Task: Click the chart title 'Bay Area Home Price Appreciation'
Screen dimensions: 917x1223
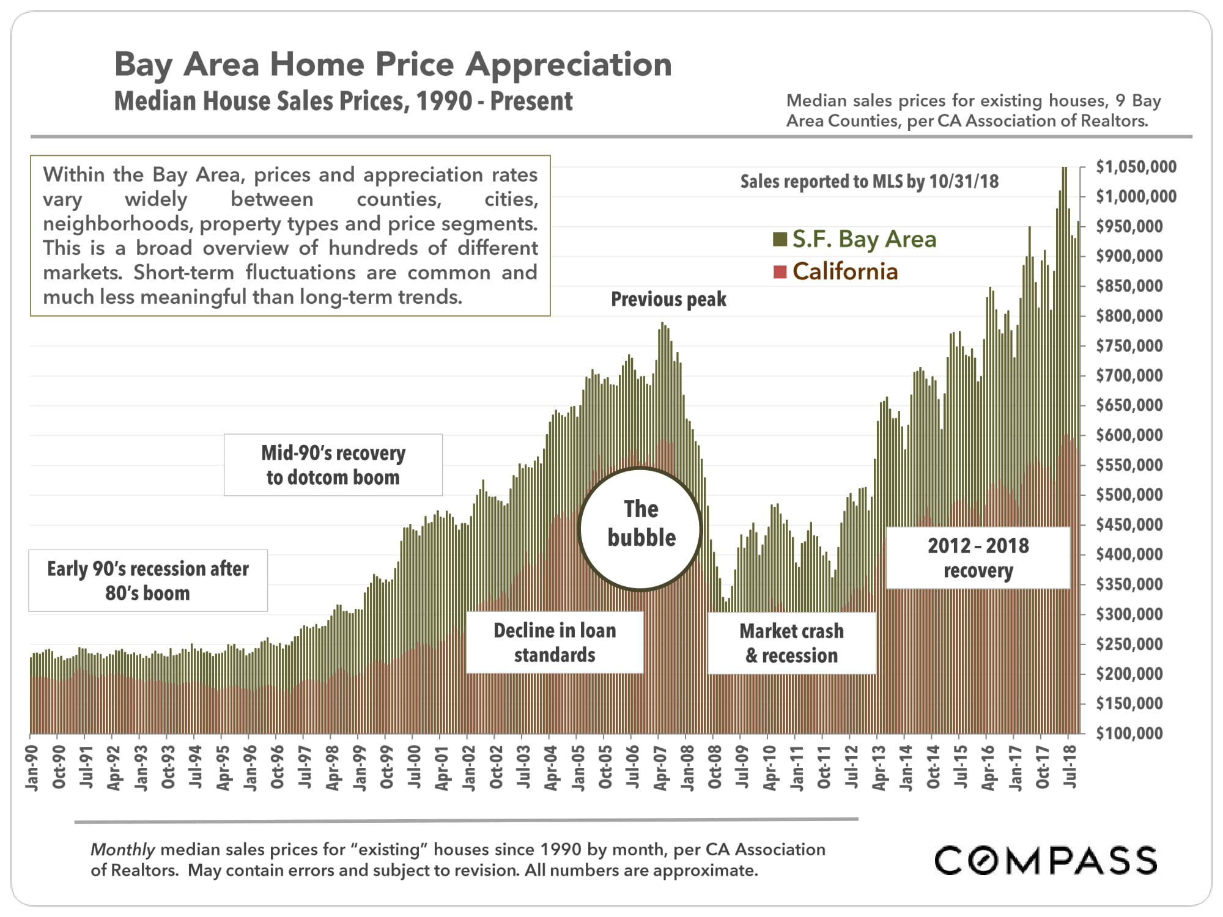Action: pos(393,64)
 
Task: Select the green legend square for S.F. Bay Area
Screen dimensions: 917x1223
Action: pos(780,239)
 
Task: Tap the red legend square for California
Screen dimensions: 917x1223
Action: pos(780,271)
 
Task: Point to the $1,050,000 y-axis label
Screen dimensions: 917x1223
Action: pos(1136,167)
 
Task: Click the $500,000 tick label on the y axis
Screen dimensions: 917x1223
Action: pos(1129,495)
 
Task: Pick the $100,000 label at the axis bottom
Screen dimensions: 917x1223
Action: pos(1129,733)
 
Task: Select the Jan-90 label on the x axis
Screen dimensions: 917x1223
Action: pos(32,768)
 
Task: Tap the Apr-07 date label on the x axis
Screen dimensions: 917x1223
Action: pos(660,768)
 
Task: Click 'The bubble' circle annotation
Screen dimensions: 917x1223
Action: pos(640,529)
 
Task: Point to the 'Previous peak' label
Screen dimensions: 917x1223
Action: pos(668,300)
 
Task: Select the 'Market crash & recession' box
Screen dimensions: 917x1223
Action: pos(791,643)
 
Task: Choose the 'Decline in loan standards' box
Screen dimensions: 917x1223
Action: pos(555,643)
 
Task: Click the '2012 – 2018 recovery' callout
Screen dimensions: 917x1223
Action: pos(978,558)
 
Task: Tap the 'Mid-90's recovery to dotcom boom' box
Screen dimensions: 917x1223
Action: pos(333,465)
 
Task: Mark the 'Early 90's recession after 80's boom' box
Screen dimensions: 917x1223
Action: pos(148,581)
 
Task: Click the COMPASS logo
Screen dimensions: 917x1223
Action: pos(1045,860)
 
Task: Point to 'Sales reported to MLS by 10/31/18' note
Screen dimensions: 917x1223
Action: pos(869,182)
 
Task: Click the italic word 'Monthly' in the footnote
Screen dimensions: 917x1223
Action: pos(122,850)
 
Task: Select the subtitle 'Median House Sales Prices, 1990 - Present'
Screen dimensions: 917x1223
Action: pos(344,101)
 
